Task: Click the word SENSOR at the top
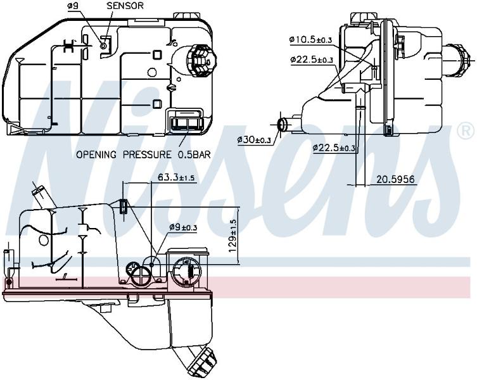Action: click(x=125, y=6)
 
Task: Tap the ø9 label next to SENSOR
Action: click(x=73, y=6)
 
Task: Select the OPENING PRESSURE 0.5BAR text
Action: click(x=143, y=155)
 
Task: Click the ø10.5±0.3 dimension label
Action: click(x=310, y=39)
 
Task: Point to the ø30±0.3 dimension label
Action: click(x=254, y=140)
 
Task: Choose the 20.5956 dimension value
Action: click(x=395, y=179)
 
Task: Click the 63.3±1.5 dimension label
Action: click(x=176, y=177)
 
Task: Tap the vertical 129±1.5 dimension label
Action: click(x=232, y=236)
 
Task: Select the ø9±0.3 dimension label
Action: click(x=184, y=227)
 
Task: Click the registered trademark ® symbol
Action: click(x=465, y=131)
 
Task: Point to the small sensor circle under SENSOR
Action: click(x=103, y=46)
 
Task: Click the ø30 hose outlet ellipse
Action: click(x=283, y=125)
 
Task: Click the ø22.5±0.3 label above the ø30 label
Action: click(x=312, y=60)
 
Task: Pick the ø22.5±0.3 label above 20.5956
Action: click(x=334, y=148)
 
